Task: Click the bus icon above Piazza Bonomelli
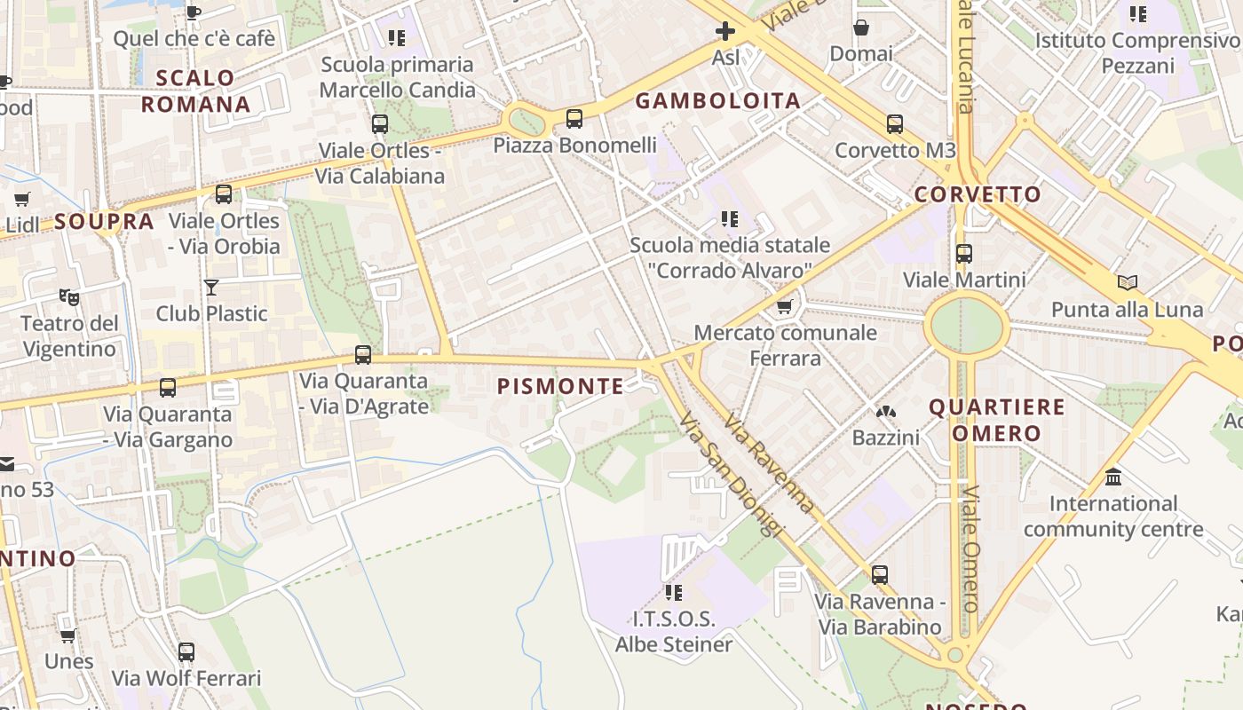pyautogui.click(x=574, y=118)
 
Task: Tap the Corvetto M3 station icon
pyautogui.click(x=895, y=124)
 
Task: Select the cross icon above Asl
pyautogui.click(x=725, y=32)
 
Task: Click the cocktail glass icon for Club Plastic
pyautogui.click(x=211, y=287)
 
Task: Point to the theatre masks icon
pyautogui.click(x=68, y=296)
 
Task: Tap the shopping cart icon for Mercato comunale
pyautogui.click(x=784, y=307)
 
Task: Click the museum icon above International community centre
pyautogui.click(x=1113, y=477)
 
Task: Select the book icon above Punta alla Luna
pyautogui.click(x=1128, y=283)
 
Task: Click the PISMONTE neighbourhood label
pyautogui.click(x=560, y=386)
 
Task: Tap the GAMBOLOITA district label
pyautogui.click(x=718, y=100)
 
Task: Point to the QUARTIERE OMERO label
pyautogui.click(x=997, y=420)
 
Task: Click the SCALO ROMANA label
pyautogui.click(x=195, y=91)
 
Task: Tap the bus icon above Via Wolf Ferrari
pyautogui.click(x=186, y=652)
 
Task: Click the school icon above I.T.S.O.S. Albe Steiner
pyautogui.click(x=674, y=592)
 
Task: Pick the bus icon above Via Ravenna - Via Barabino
pyautogui.click(x=879, y=575)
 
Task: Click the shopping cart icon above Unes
pyautogui.click(x=68, y=635)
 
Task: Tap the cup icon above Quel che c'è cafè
pyautogui.click(x=194, y=12)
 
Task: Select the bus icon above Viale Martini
pyautogui.click(x=964, y=254)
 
